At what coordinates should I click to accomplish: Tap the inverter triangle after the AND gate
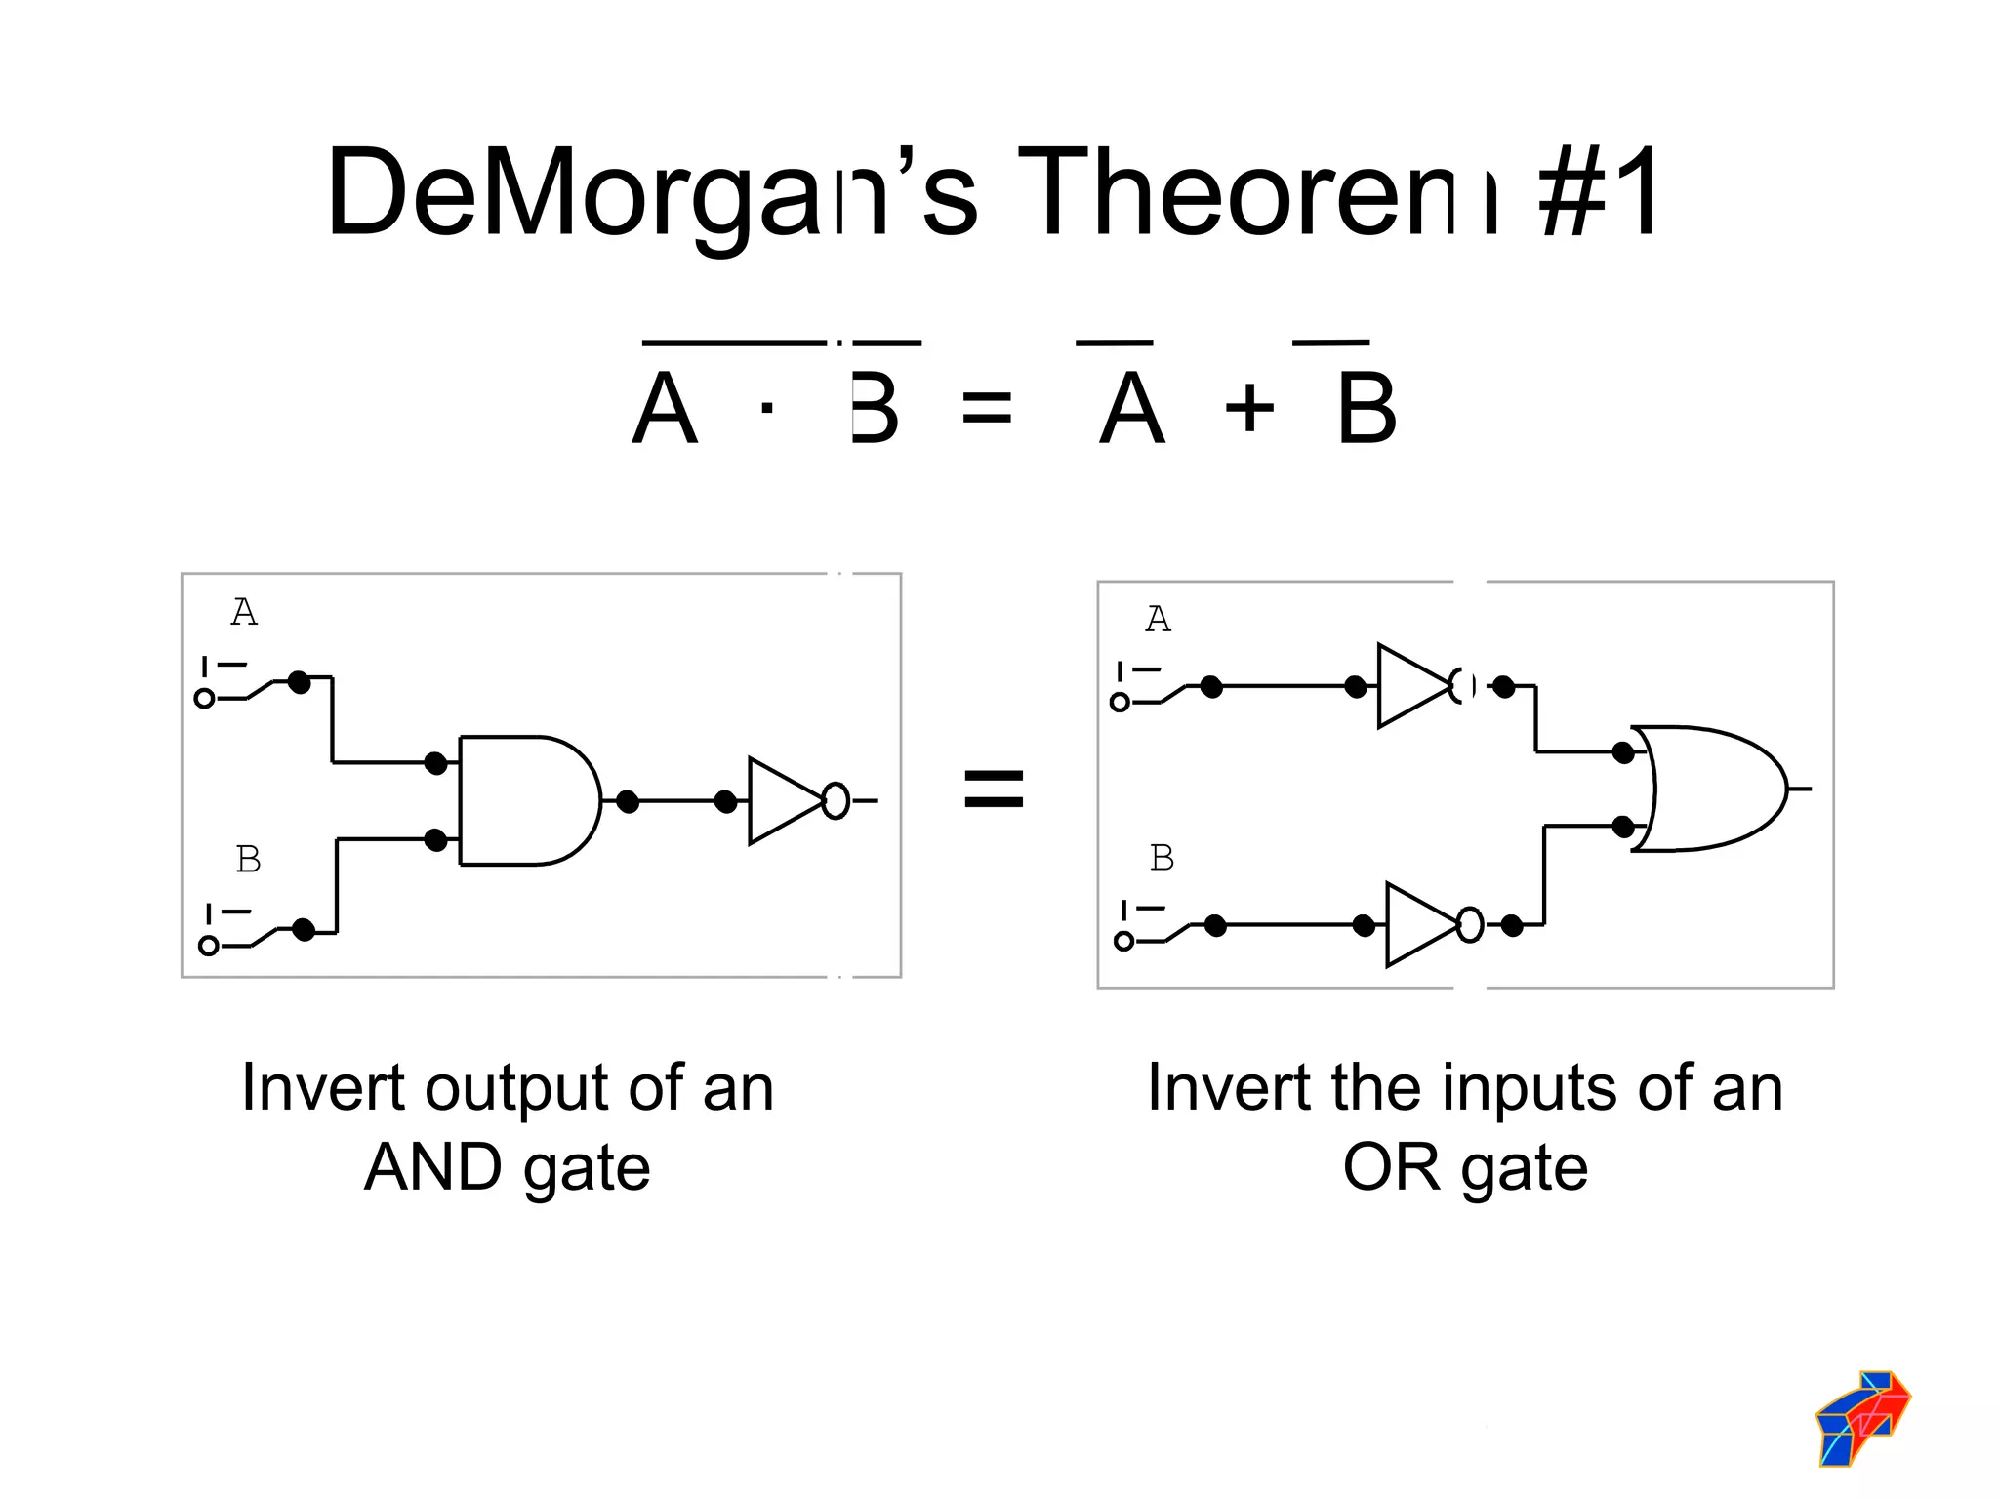click(781, 800)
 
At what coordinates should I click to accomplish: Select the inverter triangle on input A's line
click(1410, 686)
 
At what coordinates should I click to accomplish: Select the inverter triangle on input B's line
click(1418, 925)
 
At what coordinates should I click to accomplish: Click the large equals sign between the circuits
click(994, 789)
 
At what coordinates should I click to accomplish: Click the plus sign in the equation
click(1249, 408)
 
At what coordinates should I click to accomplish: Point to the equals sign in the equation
click(987, 408)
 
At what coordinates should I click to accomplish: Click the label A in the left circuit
click(244, 613)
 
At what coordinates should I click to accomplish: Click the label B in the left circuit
click(248, 860)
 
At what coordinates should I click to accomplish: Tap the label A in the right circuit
click(1158, 620)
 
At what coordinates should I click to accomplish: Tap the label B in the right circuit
click(1162, 858)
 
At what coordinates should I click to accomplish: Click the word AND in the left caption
click(432, 1167)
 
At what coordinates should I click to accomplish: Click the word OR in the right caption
click(1391, 1167)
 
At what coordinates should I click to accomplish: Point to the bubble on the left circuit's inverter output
click(836, 800)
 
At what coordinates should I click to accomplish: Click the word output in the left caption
click(518, 1089)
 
